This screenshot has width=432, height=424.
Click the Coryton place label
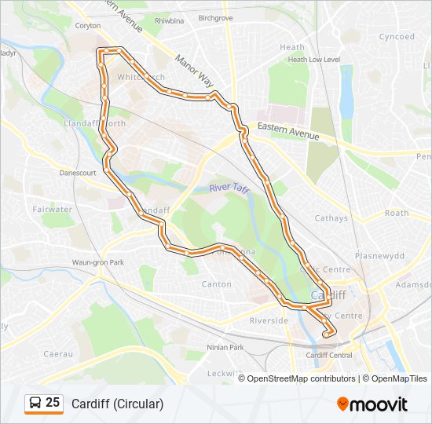click(x=88, y=24)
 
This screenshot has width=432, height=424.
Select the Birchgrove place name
click(x=215, y=17)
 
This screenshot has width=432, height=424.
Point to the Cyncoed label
click(x=397, y=37)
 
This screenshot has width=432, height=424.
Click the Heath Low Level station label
click(x=313, y=60)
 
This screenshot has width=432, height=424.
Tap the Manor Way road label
click(x=194, y=71)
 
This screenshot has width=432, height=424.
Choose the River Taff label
click(x=229, y=188)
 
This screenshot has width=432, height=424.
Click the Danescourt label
click(x=77, y=172)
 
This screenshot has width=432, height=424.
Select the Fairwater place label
click(x=53, y=210)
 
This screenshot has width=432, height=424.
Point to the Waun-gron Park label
click(x=98, y=262)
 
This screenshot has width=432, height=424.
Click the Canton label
click(x=217, y=284)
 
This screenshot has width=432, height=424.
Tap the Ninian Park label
click(x=225, y=347)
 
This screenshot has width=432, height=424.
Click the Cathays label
click(x=331, y=218)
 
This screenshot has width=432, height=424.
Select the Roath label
click(x=397, y=213)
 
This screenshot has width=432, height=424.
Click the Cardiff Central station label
click(x=328, y=355)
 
